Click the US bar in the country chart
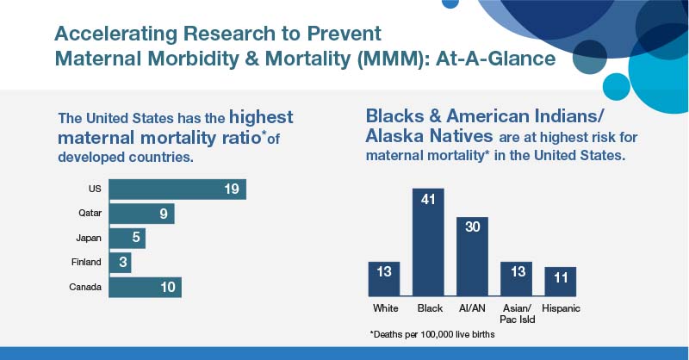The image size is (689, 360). click(177, 189)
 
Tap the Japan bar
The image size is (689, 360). click(127, 238)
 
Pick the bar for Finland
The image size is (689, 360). click(120, 262)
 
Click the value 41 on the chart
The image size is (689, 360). click(429, 201)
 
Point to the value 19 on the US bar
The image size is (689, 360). click(231, 189)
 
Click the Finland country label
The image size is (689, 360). click(86, 262)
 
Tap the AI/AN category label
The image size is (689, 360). click(472, 307)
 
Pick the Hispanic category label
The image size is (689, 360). click(560, 307)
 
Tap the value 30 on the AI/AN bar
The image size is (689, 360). click(472, 229)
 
